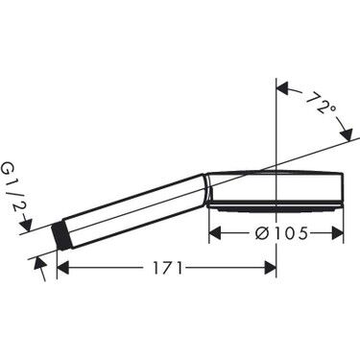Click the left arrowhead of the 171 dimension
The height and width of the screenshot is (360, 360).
coord(63,269)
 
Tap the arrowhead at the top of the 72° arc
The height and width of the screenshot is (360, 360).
coord(283,89)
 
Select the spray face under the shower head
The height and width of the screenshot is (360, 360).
coord(278,206)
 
